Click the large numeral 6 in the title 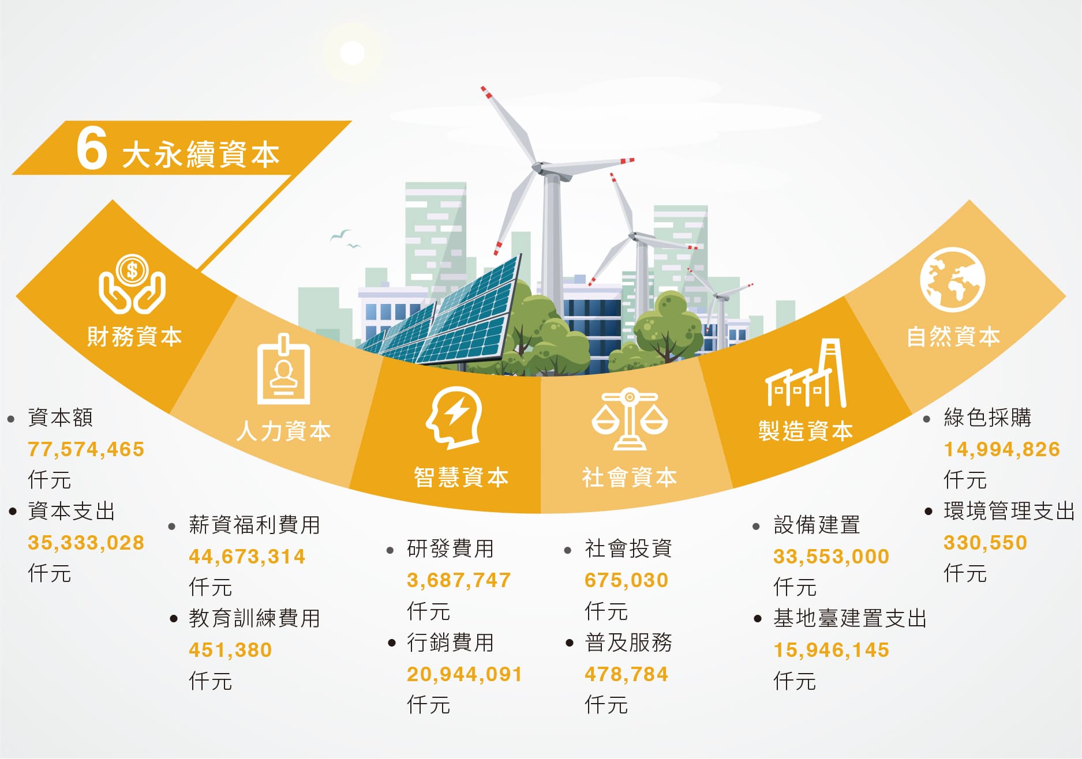click(x=92, y=148)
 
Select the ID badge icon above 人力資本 click(x=283, y=369)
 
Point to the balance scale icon click(x=630, y=419)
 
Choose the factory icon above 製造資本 click(x=806, y=373)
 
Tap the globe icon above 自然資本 click(x=952, y=280)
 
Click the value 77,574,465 click(x=86, y=449)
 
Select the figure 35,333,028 click(x=86, y=543)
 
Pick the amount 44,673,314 click(x=247, y=557)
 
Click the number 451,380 click(x=230, y=650)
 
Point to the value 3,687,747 click(x=459, y=580)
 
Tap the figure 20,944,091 click(x=465, y=674)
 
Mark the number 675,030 click(x=626, y=580)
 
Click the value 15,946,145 click(x=832, y=650)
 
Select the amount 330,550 click(x=986, y=543)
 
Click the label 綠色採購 click(x=987, y=418)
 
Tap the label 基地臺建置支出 click(x=850, y=618)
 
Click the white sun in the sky click(x=353, y=53)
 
